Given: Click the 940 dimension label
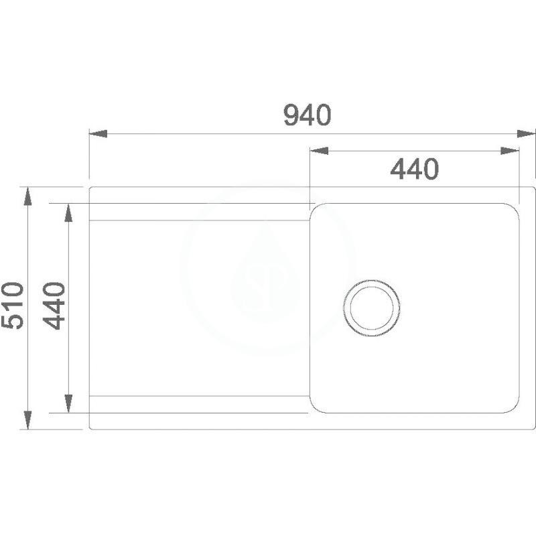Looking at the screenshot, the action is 308,115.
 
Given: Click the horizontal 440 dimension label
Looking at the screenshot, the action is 414,169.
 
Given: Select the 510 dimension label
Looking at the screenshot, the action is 13,306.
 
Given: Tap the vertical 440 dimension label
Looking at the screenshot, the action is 54,306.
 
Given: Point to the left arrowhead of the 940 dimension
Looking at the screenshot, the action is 98,133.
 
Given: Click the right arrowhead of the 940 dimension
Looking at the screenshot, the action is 526,133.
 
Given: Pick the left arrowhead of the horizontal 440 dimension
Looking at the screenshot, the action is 319,150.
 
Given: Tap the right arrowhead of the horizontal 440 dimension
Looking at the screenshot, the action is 510,150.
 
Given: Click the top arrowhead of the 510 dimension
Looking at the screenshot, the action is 27,196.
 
